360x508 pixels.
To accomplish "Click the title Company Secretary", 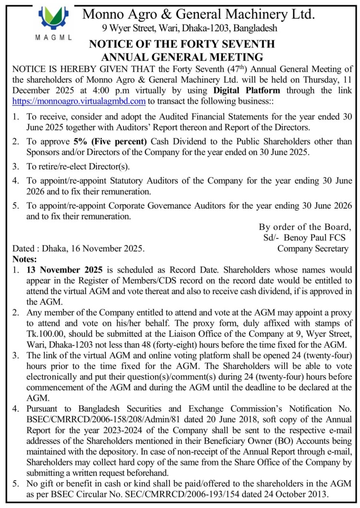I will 313,248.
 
